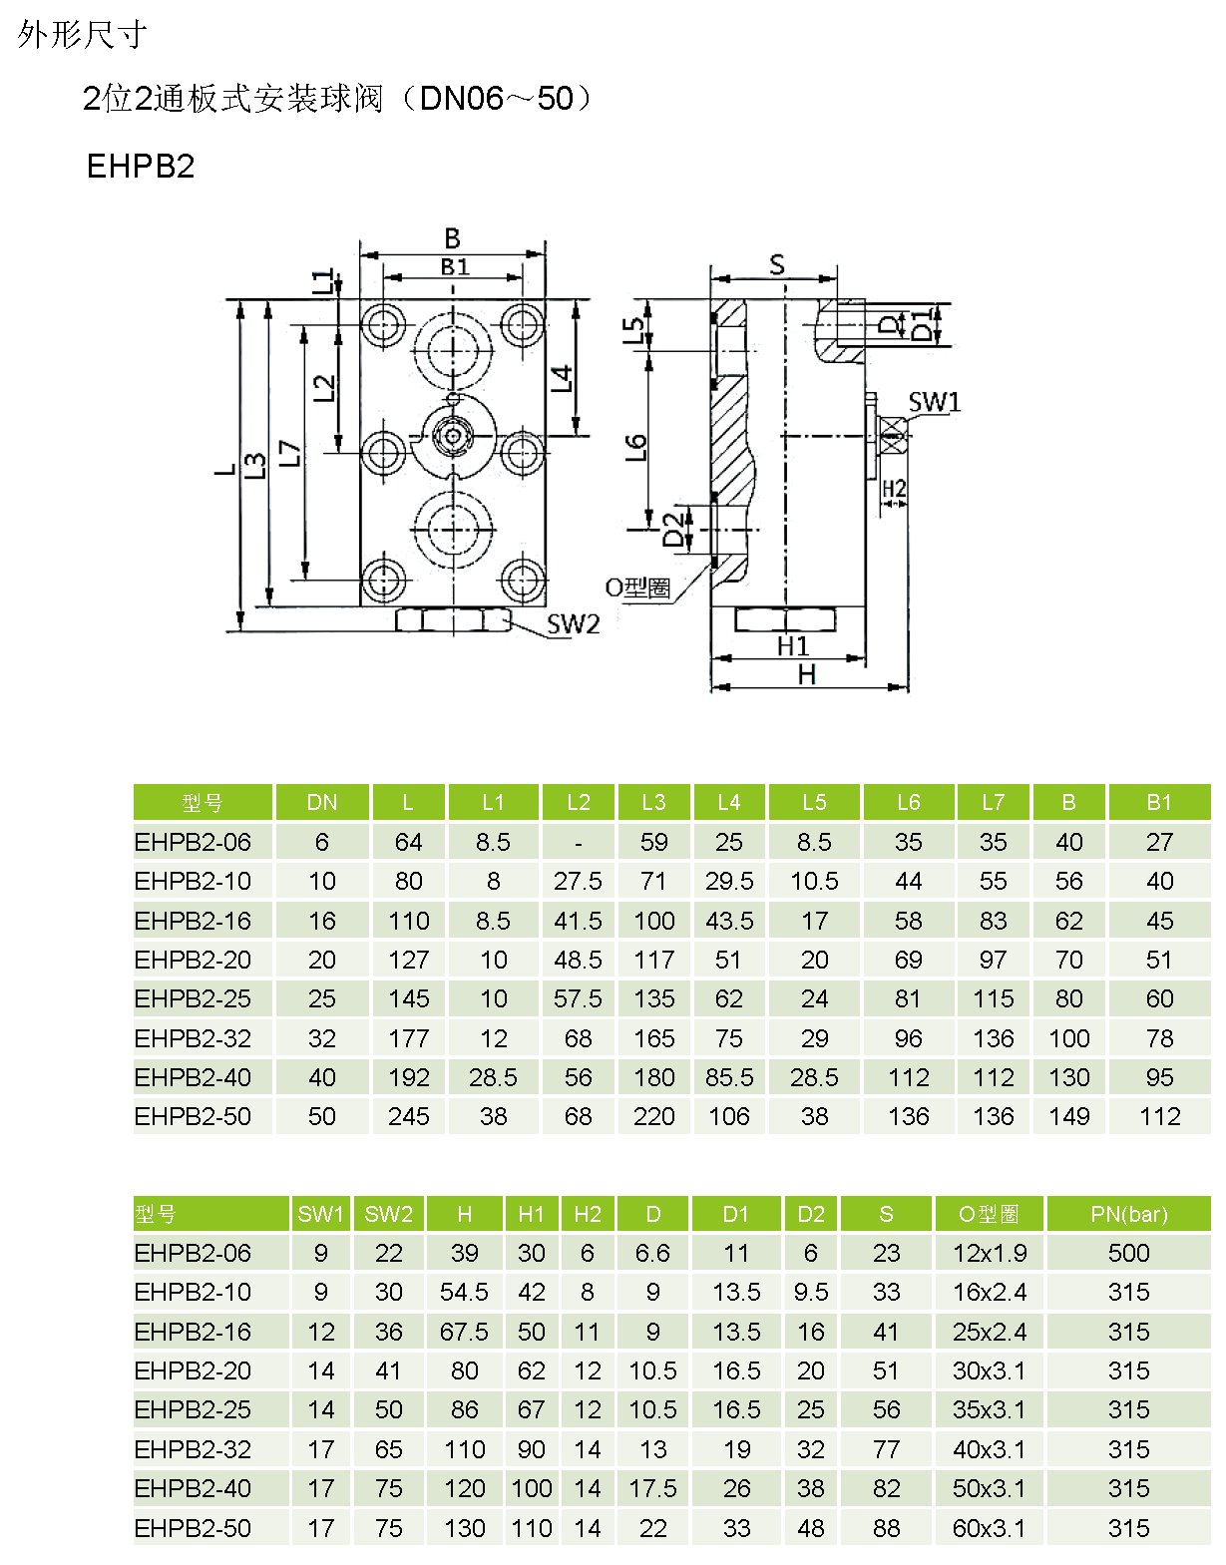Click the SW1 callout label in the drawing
(934, 402)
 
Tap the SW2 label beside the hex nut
(573, 624)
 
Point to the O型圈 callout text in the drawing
(637, 587)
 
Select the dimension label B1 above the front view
(454, 266)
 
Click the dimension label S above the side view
(776, 264)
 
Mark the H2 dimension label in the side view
(894, 489)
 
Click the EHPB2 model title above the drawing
(141, 166)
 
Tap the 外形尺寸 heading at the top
(82, 35)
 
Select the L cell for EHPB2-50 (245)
(408, 1116)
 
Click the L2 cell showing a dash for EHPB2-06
(578, 843)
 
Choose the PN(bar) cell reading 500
(1128, 1253)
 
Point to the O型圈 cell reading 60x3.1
(988, 1527)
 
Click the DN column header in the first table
(321, 802)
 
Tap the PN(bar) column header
(1128, 1214)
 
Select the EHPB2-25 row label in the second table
(193, 1409)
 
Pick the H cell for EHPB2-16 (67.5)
(464, 1332)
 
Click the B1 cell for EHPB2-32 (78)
(1159, 1038)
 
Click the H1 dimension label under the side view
(792, 646)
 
